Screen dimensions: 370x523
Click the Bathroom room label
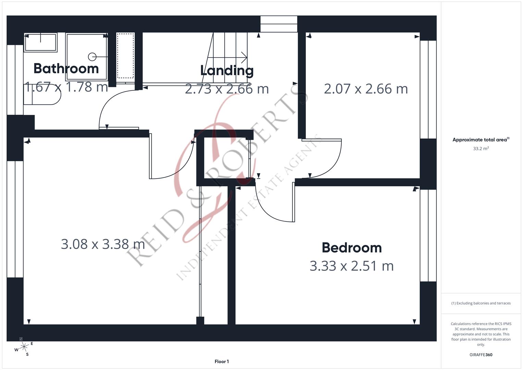(x=66, y=69)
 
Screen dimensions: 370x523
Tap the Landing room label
(x=227, y=71)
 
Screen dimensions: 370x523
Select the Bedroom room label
(x=352, y=248)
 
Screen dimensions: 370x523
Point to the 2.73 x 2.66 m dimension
(x=227, y=89)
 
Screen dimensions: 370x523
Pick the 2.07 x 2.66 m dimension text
(x=366, y=89)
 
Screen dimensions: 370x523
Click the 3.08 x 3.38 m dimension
(x=103, y=244)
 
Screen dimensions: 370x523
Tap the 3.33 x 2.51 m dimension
(x=352, y=266)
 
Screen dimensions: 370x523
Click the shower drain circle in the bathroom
(x=92, y=57)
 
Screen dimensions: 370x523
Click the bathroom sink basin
(x=40, y=42)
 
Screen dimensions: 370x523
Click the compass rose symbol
(x=24, y=347)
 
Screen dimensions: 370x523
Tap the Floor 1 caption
(x=222, y=361)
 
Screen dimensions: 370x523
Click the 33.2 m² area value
(x=481, y=149)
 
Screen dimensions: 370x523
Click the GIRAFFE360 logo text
(x=481, y=355)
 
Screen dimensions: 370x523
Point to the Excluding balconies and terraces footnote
(x=481, y=303)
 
